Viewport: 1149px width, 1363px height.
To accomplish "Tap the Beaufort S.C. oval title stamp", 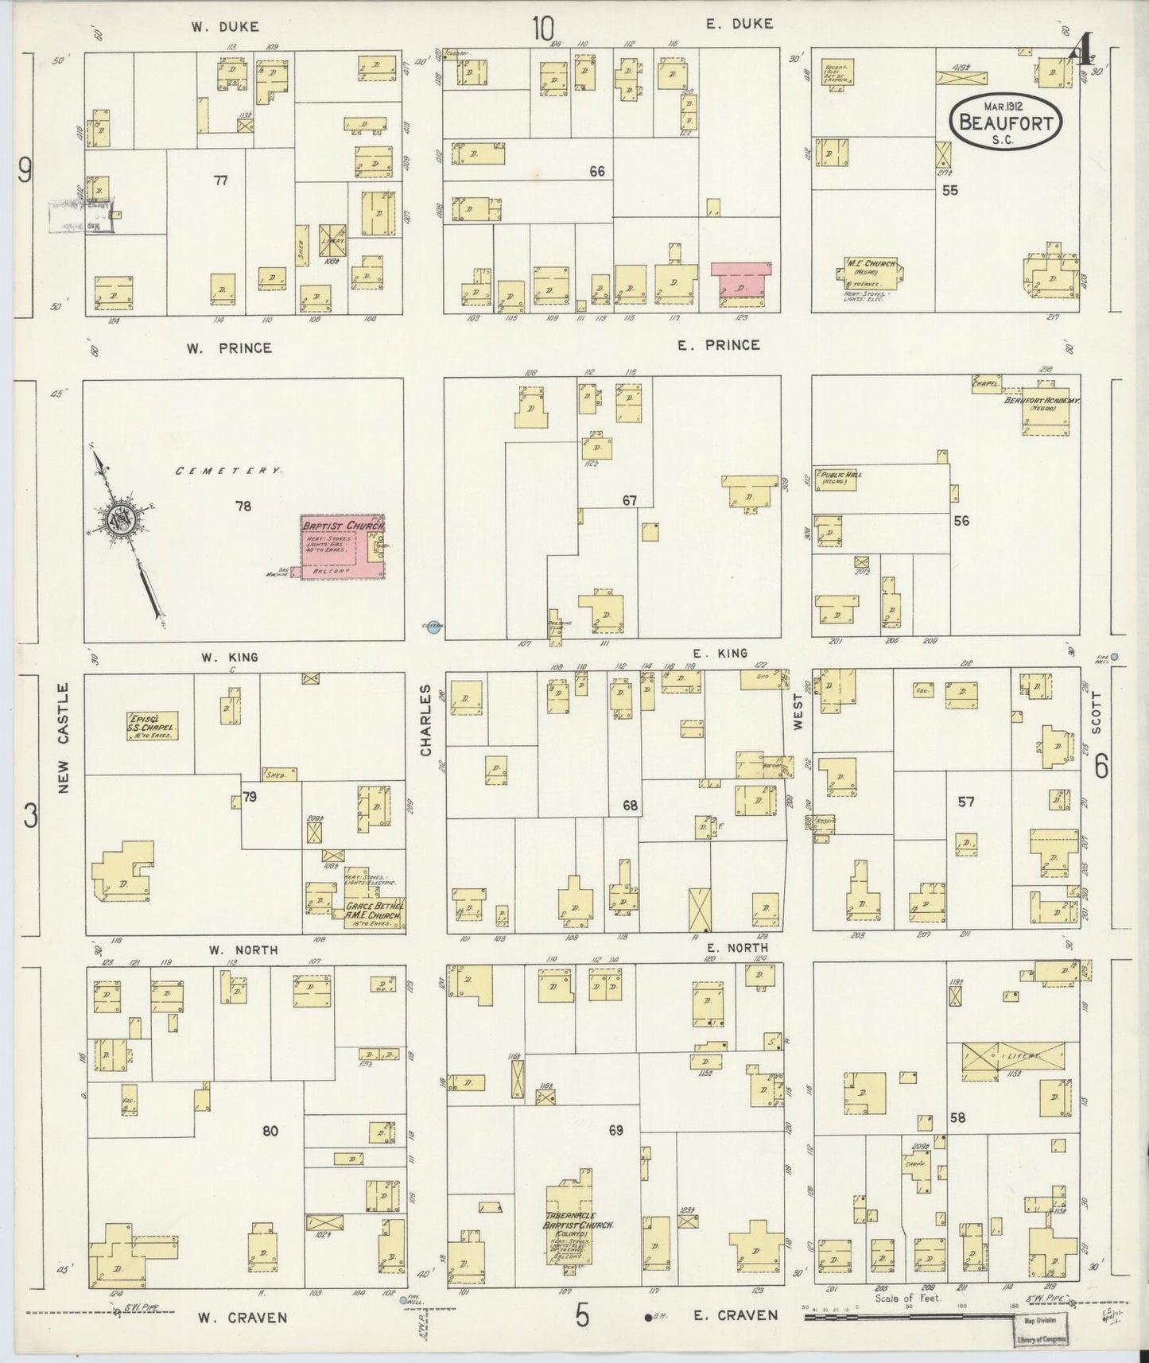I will (x=1007, y=121).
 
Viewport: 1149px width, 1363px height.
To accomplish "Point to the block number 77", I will (x=220, y=181).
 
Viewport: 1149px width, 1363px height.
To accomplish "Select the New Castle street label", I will (x=64, y=737).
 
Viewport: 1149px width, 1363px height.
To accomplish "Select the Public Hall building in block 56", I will (x=834, y=479).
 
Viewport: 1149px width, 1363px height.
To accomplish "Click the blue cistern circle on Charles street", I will (x=433, y=628).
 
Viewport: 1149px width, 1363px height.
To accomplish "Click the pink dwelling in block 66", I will (x=741, y=284).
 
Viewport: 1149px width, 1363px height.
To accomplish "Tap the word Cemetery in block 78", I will (x=228, y=471).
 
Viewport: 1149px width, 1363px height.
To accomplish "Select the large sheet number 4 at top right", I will (x=1079, y=52).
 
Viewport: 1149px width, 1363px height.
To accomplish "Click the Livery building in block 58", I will (x=1013, y=1058).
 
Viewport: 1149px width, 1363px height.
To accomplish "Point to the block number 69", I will (x=615, y=1129).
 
